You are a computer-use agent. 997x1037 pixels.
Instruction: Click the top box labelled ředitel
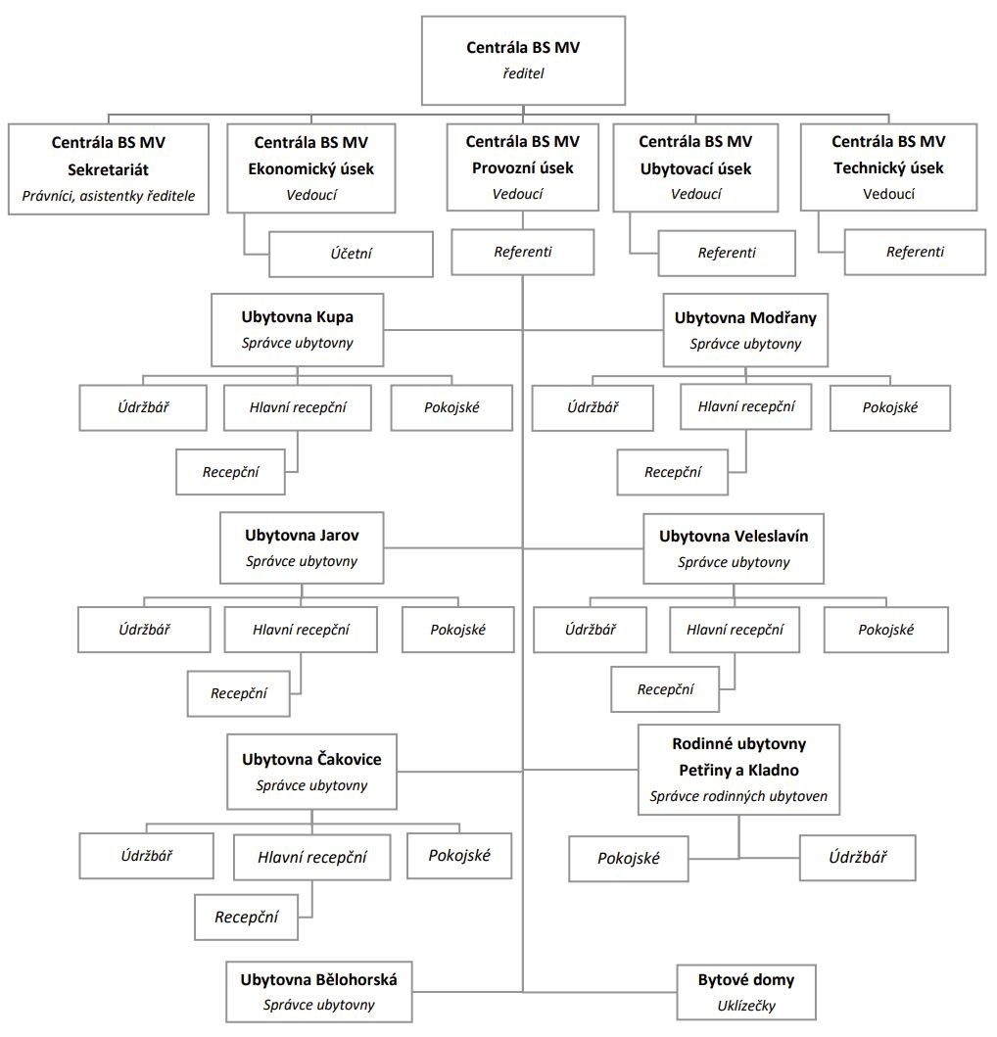[523, 61]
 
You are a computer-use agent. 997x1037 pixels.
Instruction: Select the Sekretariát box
[109, 168]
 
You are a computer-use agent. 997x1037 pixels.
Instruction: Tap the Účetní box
[352, 254]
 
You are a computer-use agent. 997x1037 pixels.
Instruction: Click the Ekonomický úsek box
[311, 168]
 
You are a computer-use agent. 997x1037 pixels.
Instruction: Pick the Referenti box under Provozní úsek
[523, 252]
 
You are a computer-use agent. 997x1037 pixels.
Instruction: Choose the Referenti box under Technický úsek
[915, 252]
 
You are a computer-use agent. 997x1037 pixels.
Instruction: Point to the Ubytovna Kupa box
[298, 329]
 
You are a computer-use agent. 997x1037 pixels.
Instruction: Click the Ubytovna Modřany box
[745, 330]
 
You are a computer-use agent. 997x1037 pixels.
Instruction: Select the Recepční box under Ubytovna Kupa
[231, 472]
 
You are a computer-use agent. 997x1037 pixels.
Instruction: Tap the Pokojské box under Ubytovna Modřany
[890, 408]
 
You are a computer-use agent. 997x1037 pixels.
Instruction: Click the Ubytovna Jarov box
[302, 547]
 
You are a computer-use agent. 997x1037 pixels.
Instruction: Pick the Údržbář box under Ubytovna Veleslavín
[591, 630]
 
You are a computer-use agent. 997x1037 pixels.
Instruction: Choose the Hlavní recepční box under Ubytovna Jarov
[301, 630]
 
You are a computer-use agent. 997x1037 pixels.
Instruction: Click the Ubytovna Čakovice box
[311, 771]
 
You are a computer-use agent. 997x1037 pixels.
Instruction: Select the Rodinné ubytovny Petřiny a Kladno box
[739, 770]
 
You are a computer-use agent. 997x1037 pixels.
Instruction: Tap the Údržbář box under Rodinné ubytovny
[858, 858]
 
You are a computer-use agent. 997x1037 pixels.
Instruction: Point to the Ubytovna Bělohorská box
[319, 992]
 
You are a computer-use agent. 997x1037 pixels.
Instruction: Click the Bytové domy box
[746, 992]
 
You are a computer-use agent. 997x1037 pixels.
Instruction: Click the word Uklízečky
[746, 1006]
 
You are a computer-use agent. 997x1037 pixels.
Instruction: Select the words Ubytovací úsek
[696, 168]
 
